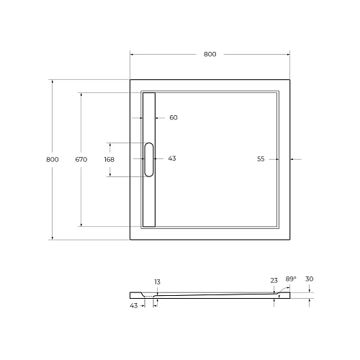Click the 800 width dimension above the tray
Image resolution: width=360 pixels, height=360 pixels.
pyautogui.click(x=210, y=54)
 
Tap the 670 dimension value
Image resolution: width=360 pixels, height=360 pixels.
pyautogui.click(x=81, y=159)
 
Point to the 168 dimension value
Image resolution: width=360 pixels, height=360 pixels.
pyautogui.click(x=109, y=159)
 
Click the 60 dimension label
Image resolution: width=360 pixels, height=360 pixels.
pyautogui.click(x=173, y=117)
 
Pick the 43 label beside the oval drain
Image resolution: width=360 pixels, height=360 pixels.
pyautogui.click(x=171, y=158)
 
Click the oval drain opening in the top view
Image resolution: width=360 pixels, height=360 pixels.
pyautogui.click(x=149, y=159)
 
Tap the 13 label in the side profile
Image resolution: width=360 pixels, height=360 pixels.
pyautogui.click(x=157, y=282)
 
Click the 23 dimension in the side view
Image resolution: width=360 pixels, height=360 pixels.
pyautogui.click(x=274, y=281)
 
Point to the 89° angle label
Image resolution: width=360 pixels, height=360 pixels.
pyautogui.click(x=290, y=279)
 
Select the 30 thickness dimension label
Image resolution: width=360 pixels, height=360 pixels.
pyautogui.click(x=310, y=279)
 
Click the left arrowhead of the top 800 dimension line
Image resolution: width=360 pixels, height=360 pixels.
pyautogui.click(x=132, y=54)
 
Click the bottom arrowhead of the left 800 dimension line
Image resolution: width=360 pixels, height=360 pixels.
pyautogui.click(x=52, y=237)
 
